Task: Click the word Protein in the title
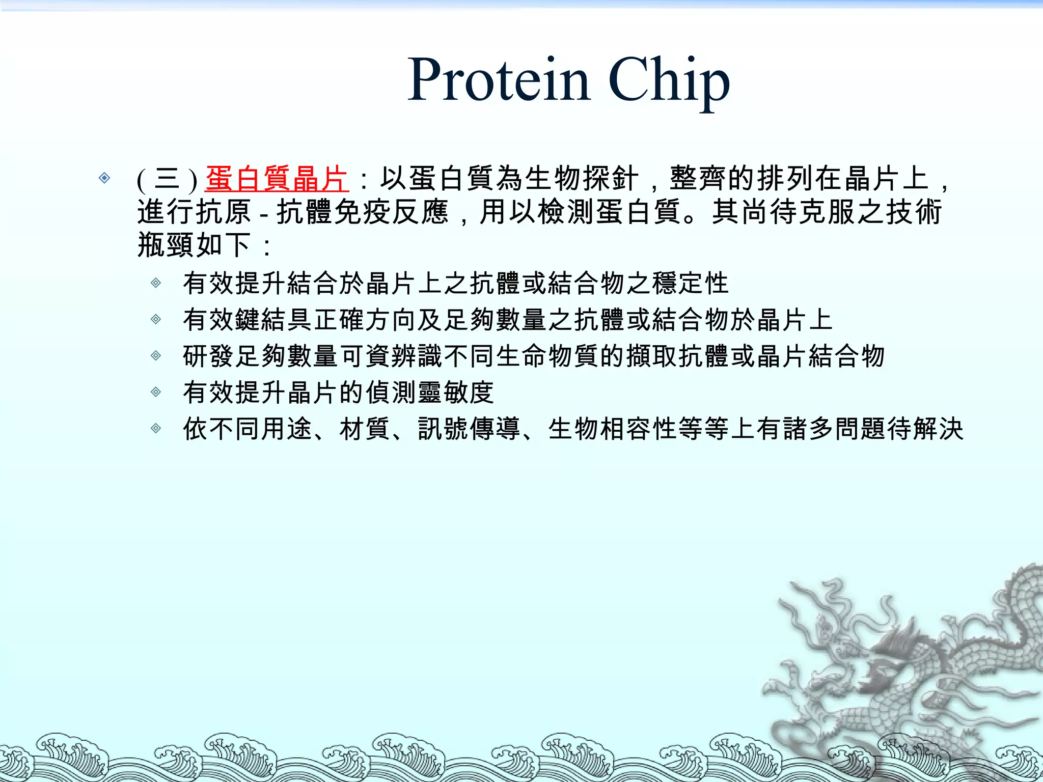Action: (499, 80)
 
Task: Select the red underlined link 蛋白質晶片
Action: (277, 179)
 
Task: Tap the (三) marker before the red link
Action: (167, 180)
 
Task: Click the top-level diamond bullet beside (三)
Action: (104, 178)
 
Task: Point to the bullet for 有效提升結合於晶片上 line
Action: (156, 283)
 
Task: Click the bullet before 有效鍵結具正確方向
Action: (156, 319)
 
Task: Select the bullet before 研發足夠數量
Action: (156, 355)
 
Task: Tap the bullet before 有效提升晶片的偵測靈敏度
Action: (156, 392)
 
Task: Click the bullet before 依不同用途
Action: (156, 428)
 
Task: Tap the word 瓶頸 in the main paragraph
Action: (166, 245)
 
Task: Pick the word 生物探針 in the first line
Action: (582, 179)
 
